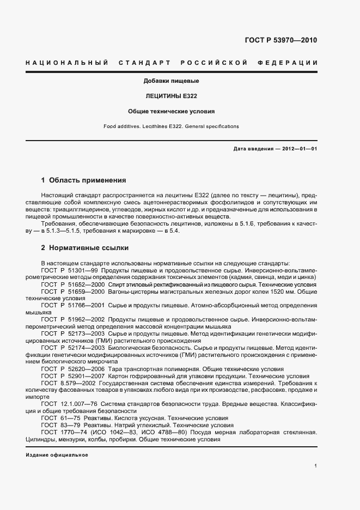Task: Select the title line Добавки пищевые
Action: pos(171,81)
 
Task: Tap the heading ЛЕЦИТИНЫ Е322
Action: pos(171,96)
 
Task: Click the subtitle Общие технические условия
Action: pos(171,111)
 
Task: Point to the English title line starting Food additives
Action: pos(171,126)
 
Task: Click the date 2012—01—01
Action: pos(296,148)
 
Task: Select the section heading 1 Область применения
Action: pos(84,180)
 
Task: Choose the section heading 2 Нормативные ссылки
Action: pos(85,248)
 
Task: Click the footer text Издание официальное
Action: pos(57,454)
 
